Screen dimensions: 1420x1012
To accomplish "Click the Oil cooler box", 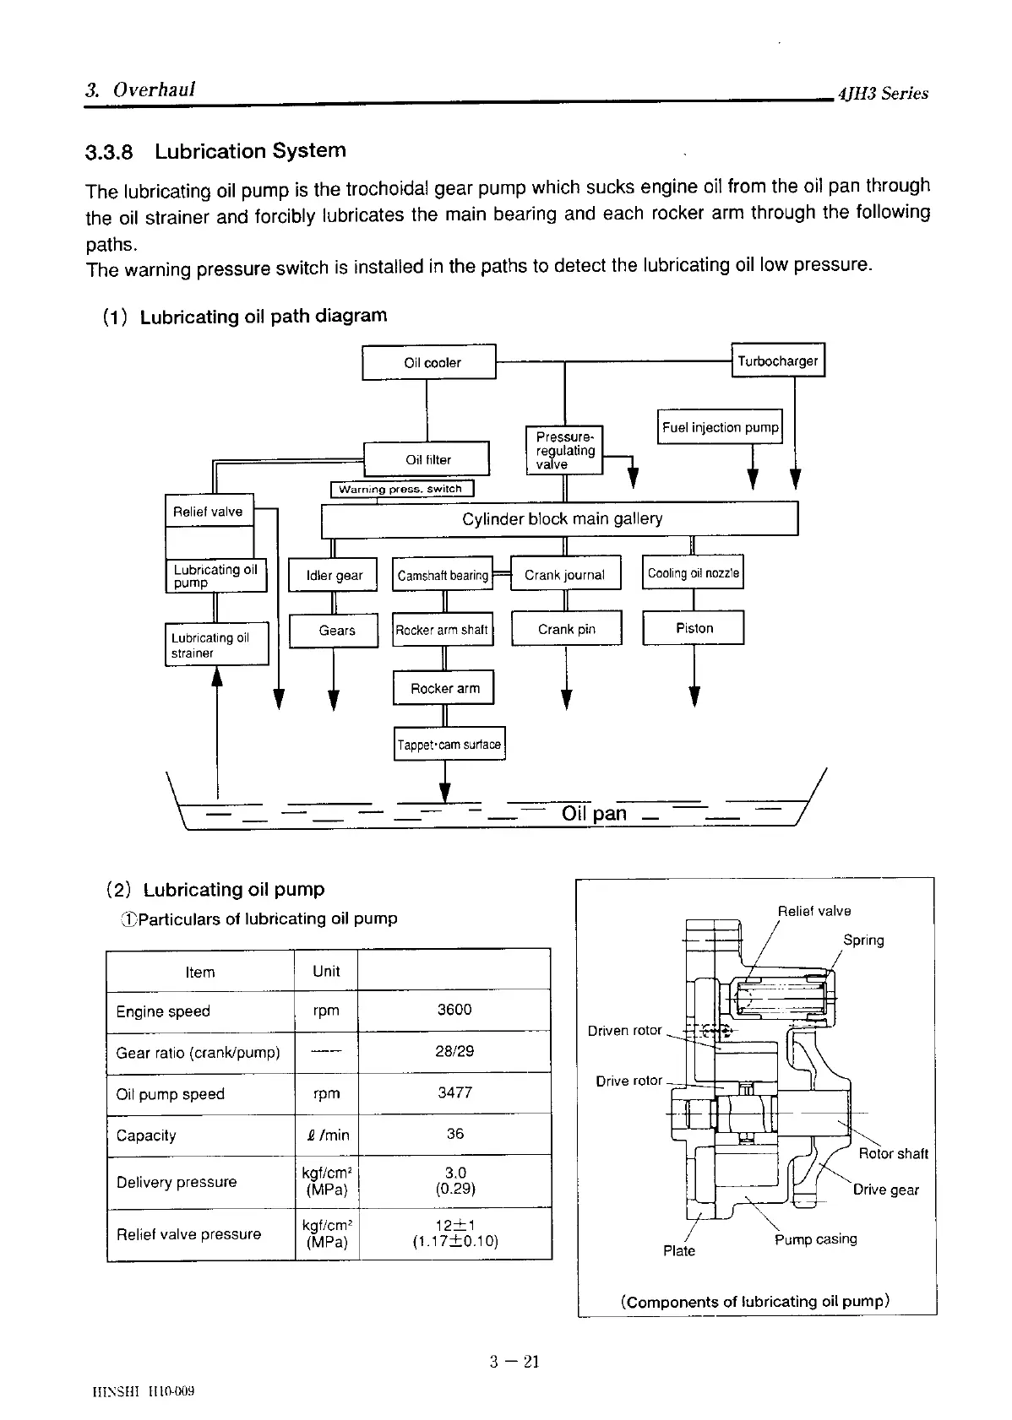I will point(429,363).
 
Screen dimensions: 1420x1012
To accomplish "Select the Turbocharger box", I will point(777,360).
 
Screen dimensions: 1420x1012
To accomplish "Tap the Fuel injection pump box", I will point(721,427).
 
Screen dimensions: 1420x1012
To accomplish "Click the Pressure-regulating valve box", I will point(564,450).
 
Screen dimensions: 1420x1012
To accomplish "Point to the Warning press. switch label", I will point(401,489).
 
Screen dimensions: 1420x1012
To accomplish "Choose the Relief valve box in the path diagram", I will point(208,511).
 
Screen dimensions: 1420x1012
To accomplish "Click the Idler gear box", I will point(334,575).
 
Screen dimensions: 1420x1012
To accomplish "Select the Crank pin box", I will point(566,628).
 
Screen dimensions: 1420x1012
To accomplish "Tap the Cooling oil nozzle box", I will point(693,573).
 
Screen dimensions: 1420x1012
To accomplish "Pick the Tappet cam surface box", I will point(449,744).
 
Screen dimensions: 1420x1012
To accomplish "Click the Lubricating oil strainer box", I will point(216,645).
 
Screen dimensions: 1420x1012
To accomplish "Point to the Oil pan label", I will point(594,813).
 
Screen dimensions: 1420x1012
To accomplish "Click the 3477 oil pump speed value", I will point(454,1092).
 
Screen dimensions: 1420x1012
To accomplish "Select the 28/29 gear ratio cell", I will point(454,1051).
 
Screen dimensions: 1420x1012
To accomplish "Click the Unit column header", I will point(326,971).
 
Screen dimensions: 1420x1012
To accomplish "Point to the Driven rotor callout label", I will point(624,1030).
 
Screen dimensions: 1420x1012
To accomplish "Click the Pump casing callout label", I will point(815,1238).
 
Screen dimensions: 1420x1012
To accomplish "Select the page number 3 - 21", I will point(514,1360).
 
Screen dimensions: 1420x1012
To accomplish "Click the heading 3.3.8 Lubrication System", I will point(215,151).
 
